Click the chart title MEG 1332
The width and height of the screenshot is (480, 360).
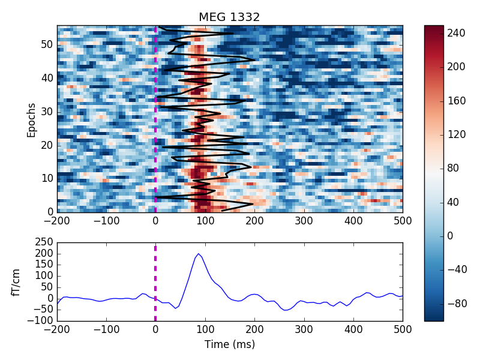tap(229, 17)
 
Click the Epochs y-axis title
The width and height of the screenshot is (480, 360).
tap(31, 121)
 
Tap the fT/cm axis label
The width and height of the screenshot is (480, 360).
tap(16, 283)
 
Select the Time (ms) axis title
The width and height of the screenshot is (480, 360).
tap(230, 344)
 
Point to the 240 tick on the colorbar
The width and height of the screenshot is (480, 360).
tap(456, 33)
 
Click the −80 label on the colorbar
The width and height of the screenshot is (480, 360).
tap(457, 304)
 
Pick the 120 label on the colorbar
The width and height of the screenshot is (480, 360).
tap(456, 134)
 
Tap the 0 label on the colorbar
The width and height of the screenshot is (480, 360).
tap(450, 236)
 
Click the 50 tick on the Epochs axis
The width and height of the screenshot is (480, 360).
tap(47, 44)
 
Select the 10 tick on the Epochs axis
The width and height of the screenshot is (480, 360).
tap(47, 178)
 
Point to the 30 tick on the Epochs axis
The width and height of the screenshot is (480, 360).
tap(47, 112)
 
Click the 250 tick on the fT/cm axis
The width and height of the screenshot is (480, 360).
tap(44, 242)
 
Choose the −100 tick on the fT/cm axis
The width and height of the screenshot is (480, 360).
tap(40, 320)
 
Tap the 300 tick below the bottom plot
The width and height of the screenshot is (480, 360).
tap(304, 329)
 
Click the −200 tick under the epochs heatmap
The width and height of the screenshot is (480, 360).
tap(57, 220)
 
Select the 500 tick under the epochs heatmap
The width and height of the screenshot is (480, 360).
tap(403, 220)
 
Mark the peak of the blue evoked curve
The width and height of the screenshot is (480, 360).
tap(199, 254)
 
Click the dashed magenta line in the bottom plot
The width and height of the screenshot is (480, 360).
tap(155, 283)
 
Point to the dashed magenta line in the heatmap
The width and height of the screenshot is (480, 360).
tap(155, 119)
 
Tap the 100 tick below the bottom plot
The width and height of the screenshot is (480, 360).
tap(205, 329)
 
